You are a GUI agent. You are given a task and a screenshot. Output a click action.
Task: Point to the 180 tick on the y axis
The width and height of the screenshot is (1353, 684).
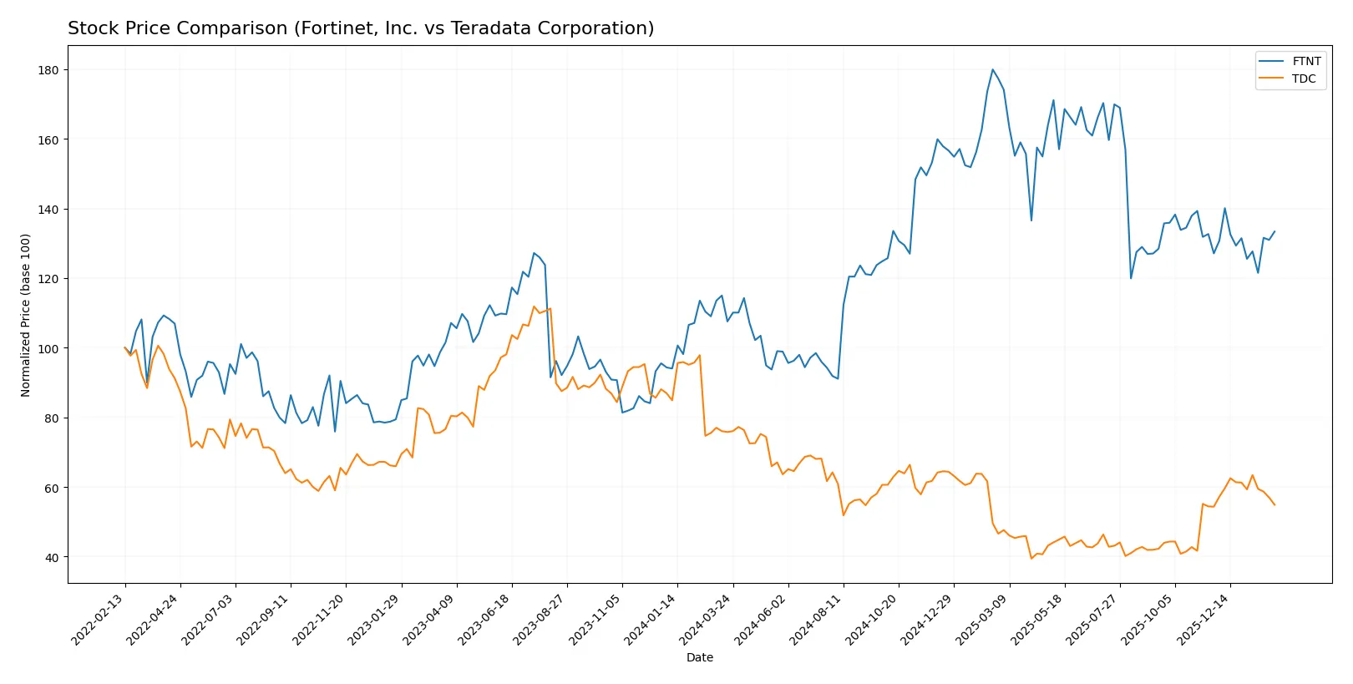(x=49, y=70)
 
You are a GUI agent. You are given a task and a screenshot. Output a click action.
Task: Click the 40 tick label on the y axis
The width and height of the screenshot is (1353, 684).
(x=52, y=557)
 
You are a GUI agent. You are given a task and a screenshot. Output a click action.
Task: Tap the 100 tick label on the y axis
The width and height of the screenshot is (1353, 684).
(x=49, y=348)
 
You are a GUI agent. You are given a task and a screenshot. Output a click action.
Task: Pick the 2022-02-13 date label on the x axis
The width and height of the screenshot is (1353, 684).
(x=99, y=619)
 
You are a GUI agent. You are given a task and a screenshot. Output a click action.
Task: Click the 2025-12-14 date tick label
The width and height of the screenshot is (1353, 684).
(x=1204, y=619)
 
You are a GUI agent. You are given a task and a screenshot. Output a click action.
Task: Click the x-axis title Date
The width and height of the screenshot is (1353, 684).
(x=699, y=657)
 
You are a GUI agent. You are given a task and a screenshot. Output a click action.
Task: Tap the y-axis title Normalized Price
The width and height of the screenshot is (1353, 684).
(x=26, y=315)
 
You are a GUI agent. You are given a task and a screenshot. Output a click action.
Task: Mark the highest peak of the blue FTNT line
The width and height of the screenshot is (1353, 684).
(x=992, y=69)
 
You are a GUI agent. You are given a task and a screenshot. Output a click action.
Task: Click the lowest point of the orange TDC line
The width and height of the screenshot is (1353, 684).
(x=1031, y=558)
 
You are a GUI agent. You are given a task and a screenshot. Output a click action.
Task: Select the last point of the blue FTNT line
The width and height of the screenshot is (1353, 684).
(x=1274, y=231)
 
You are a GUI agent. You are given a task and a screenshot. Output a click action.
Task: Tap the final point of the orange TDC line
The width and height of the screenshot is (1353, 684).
(x=1274, y=504)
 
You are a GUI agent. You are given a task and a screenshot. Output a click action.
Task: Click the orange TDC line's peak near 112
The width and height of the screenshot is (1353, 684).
(x=535, y=307)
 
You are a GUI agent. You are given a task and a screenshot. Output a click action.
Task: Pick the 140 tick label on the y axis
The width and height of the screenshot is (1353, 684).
(x=49, y=209)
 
